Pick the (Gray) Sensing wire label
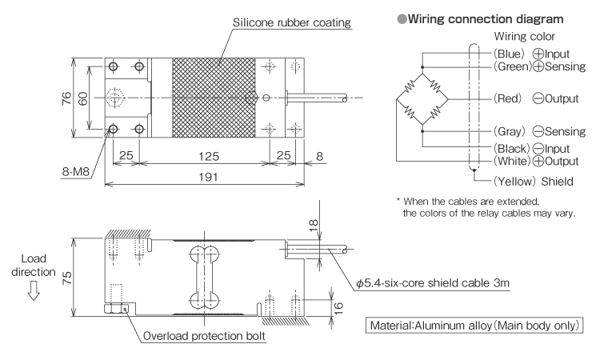coord(526,131)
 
